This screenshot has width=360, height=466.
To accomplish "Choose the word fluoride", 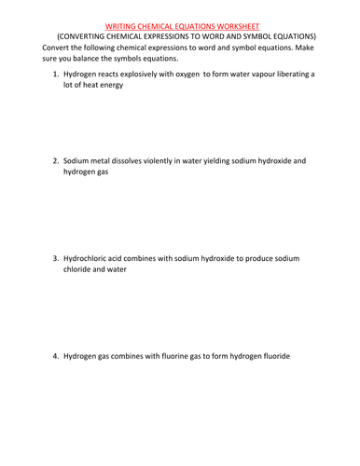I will (297, 356).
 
